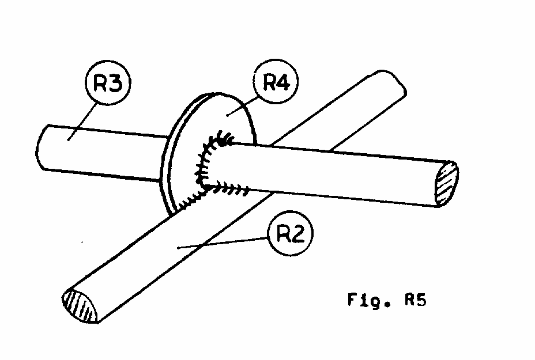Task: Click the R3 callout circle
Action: [x=108, y=84]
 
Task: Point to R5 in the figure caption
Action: [x=415, y=301]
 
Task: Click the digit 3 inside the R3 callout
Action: [x=115, y=84]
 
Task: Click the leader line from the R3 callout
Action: [x=81, y=119]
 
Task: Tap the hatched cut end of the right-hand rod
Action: [x=447, y=183]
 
